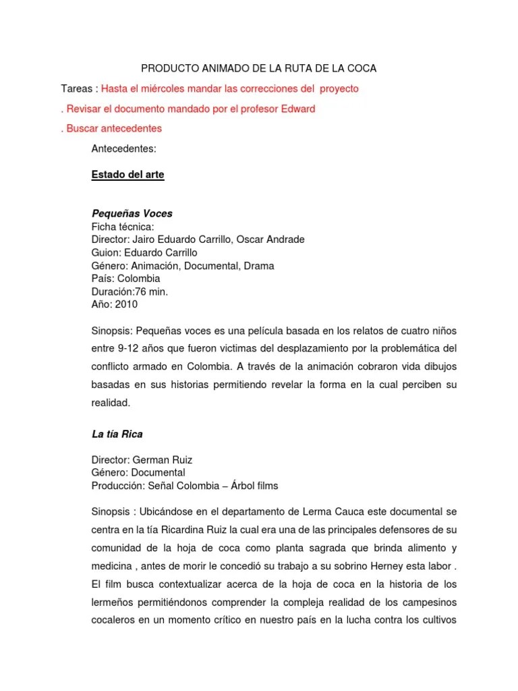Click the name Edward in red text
coord(298,109)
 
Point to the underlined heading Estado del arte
coord(127,175)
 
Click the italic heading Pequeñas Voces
coord(132,214)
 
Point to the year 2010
coord(126,304)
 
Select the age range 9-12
coord(132,350)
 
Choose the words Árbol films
coord(251,486)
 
